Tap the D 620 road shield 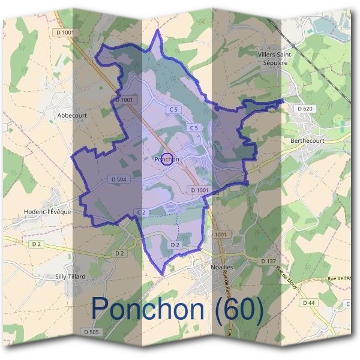305,109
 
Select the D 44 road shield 309,303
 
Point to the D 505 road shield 91,332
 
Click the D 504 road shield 118,179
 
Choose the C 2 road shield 142,212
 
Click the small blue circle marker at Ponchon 168,159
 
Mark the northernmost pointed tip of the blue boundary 158,29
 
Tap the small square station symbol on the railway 293,45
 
